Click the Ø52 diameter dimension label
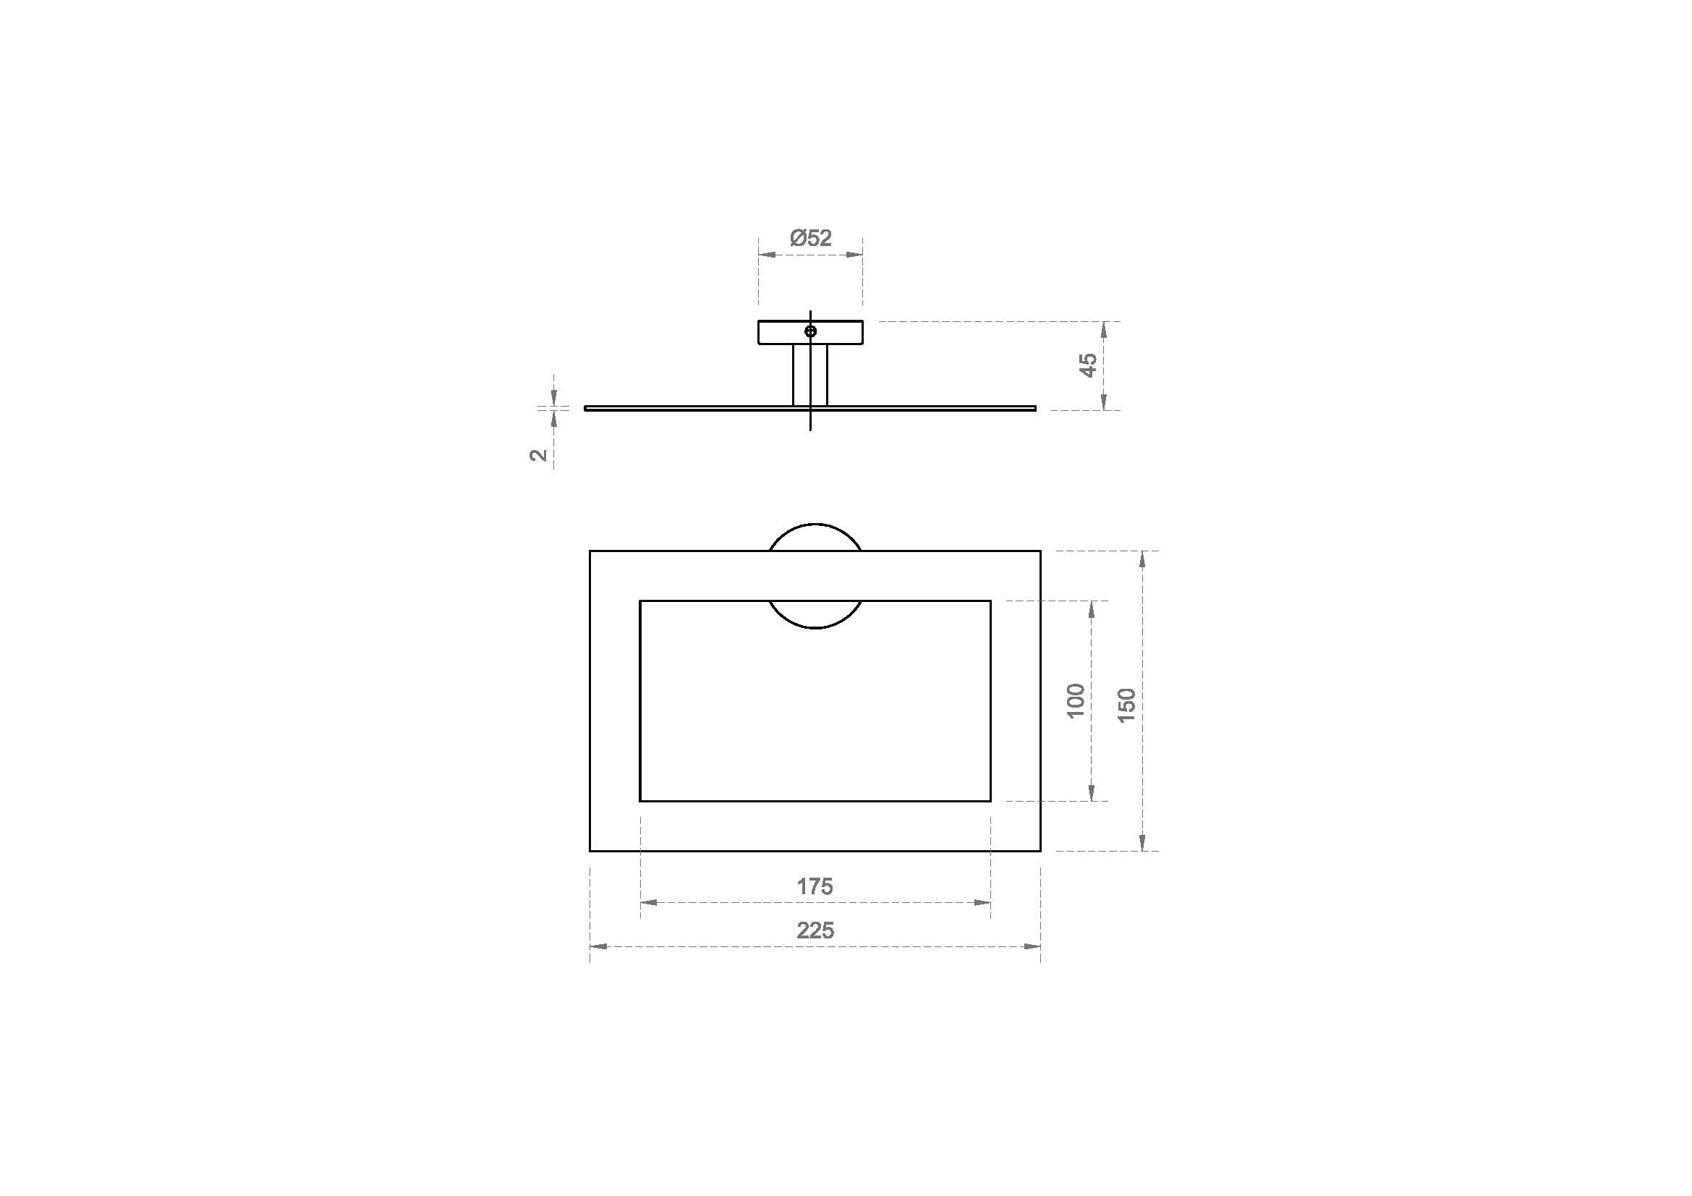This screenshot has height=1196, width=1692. pyautogui.click(x=811, y=238)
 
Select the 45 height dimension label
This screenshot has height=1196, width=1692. pyautogui.click(x=1089, y=365)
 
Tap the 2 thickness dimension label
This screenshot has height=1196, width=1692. pyautogui.click(x=540, y=454)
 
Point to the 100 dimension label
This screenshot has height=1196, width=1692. pyautogui.click(x=1076, y=701)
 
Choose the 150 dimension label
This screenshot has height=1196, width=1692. pyautogui.click(x=1127, y=705)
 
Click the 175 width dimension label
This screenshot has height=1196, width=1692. pyautogui.click(x=815, y=886)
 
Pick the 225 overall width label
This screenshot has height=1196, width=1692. pyautogui.click(x=815, y=930)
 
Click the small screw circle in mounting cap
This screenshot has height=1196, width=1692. pyautogui.click(x=810, y=331)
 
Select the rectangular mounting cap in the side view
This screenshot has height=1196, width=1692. pyautogui.click(x=810, y=332)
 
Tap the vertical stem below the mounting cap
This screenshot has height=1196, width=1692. pyautogui.click(x=810, y=375)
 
